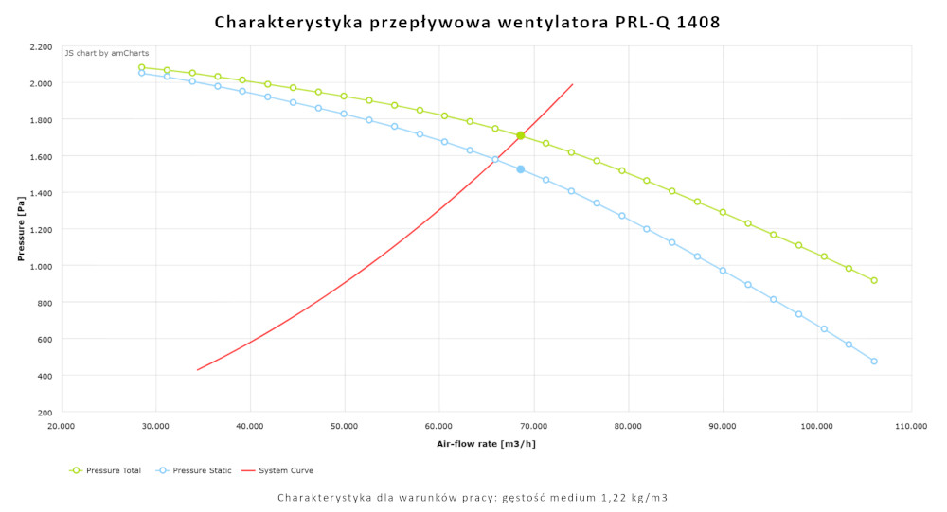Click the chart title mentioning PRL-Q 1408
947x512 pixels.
[467, 21]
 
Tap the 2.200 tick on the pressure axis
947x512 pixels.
[40, 46]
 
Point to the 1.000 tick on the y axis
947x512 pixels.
[40, 266]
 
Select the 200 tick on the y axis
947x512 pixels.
[45, 413]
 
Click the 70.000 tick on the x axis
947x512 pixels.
[533, 426]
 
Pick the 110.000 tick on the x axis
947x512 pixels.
[911, 426]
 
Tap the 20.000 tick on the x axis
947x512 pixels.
[62, 426]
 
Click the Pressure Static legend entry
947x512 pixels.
[197, 470]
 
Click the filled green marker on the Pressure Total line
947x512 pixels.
[520, 135]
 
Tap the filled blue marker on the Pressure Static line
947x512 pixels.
[520, 169]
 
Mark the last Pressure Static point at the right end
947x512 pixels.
[874, 361]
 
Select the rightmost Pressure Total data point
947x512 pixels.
[874, 280]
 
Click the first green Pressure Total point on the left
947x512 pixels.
[141, 67]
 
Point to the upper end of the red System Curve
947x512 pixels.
[573, 84]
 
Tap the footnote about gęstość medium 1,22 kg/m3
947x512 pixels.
[473, 498]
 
